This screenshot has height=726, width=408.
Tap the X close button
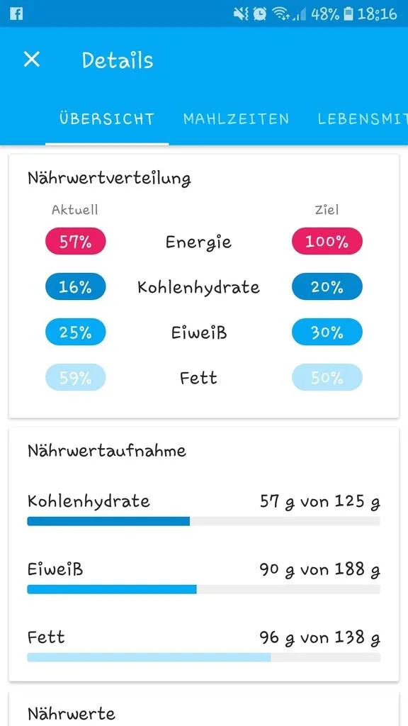pos(31,60)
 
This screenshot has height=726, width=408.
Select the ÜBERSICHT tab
pos(106,118)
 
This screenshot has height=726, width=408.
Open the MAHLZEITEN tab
pos(236,118)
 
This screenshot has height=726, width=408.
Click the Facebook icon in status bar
pos(16,13)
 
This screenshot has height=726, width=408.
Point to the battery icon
pos(348,14)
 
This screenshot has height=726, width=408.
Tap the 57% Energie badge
pos(75,241)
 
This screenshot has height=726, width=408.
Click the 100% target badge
pos(327,241)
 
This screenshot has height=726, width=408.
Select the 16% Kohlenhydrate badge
pos(75,286)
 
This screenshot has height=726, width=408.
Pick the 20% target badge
pos(327,286)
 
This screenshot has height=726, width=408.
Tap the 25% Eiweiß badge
pos(75,332)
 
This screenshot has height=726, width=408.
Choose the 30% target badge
pos(327,332)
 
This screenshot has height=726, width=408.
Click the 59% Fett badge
pos(75,377)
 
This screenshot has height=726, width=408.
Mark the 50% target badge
pos(327,377)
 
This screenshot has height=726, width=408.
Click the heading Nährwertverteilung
pos(109,178)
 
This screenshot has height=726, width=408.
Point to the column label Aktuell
pos(75,210)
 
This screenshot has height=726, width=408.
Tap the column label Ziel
pos(327,210)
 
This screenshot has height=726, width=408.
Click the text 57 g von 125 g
pos(320,502)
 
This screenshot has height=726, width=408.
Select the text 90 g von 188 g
pos(320,570)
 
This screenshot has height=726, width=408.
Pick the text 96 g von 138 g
pos(320,638)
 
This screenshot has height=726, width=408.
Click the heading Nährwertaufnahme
pos(107,450)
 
